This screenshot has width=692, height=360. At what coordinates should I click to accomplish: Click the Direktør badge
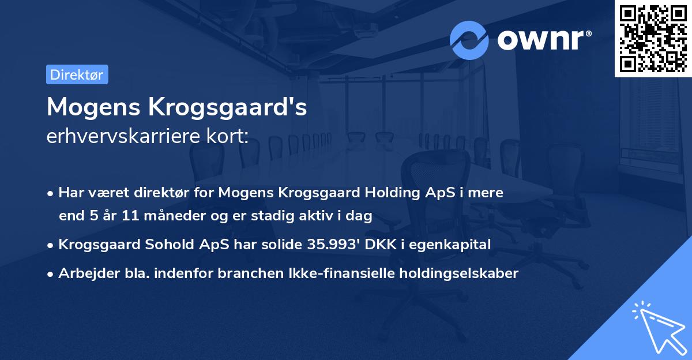[x=77, y=75]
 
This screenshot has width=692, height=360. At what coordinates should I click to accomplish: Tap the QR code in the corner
[x=653, y=38]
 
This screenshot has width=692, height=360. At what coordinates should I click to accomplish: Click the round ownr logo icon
[x=469, y=40]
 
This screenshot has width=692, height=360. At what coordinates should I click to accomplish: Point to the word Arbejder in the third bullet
[x=85, y=273]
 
